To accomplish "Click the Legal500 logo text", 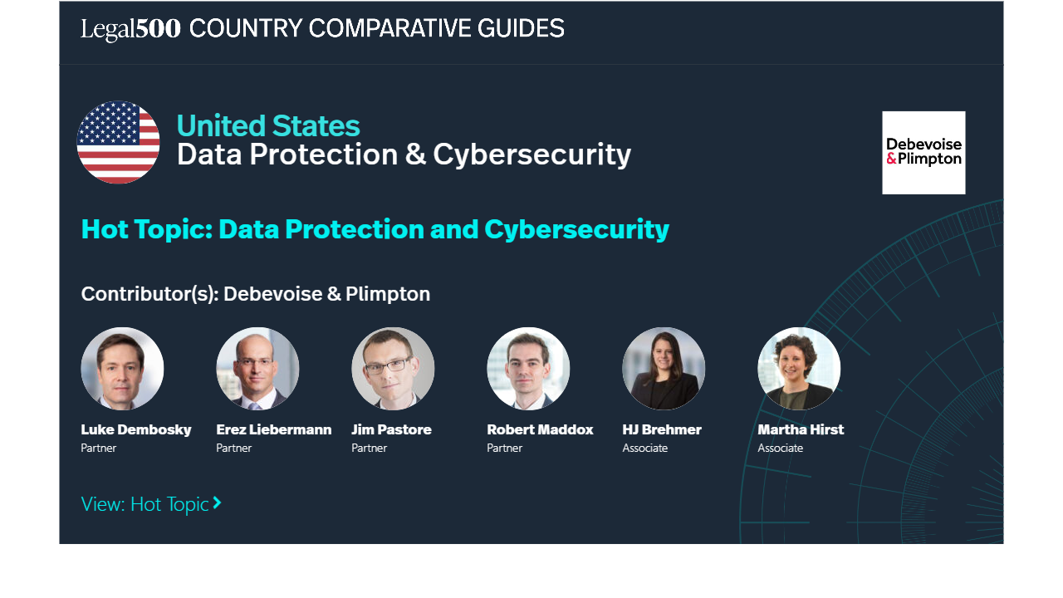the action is coord(130,29).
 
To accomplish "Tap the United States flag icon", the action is coord(118,142).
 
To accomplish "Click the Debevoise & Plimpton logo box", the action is coord(923,153).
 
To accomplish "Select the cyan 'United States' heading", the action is coord(268,125).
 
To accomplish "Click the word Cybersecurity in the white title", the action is coord(532,154).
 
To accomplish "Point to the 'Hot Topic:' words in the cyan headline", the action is coord(147,230).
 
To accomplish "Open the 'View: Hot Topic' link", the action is coord(151,504).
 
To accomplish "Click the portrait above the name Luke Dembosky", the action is coord(122,368).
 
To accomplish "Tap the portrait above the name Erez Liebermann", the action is coord(257,368).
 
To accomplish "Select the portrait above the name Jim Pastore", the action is coord(393,368).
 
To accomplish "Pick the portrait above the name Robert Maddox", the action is coord(528,368).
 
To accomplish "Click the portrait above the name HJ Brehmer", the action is coord(664,368).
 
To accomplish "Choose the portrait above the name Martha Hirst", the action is coord(799,368).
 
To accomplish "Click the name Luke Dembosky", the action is coord(136,429).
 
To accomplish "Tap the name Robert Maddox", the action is coord(540,429).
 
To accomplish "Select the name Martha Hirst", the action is coord(801,429).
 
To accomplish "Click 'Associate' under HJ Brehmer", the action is coord(645,448).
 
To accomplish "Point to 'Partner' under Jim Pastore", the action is coord(370,448).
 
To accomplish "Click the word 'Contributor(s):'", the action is coord(150,294).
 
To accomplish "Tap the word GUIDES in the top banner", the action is coord(521,28).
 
